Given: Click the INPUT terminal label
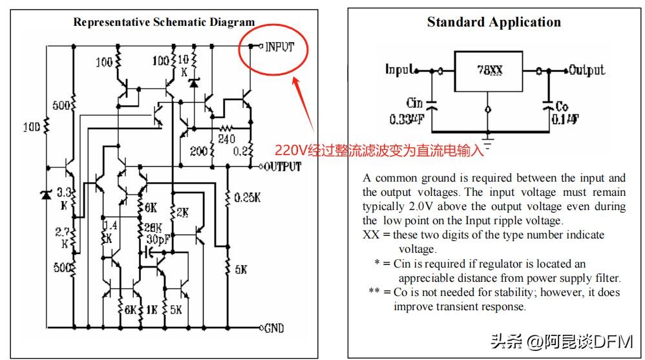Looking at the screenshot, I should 280,47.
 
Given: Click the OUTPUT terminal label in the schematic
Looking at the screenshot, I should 282,167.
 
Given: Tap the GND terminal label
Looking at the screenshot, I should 274,328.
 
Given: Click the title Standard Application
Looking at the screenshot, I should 494,23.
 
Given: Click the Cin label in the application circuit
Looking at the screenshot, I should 414,103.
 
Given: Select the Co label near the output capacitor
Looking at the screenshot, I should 562,105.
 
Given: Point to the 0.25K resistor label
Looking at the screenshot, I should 248,196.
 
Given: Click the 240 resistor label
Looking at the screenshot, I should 226,138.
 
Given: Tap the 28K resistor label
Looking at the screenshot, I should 152,227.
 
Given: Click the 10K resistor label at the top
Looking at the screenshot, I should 183,65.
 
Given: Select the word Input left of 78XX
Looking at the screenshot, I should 399,69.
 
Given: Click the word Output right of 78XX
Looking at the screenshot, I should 586,70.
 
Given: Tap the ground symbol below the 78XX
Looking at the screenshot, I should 489,136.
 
